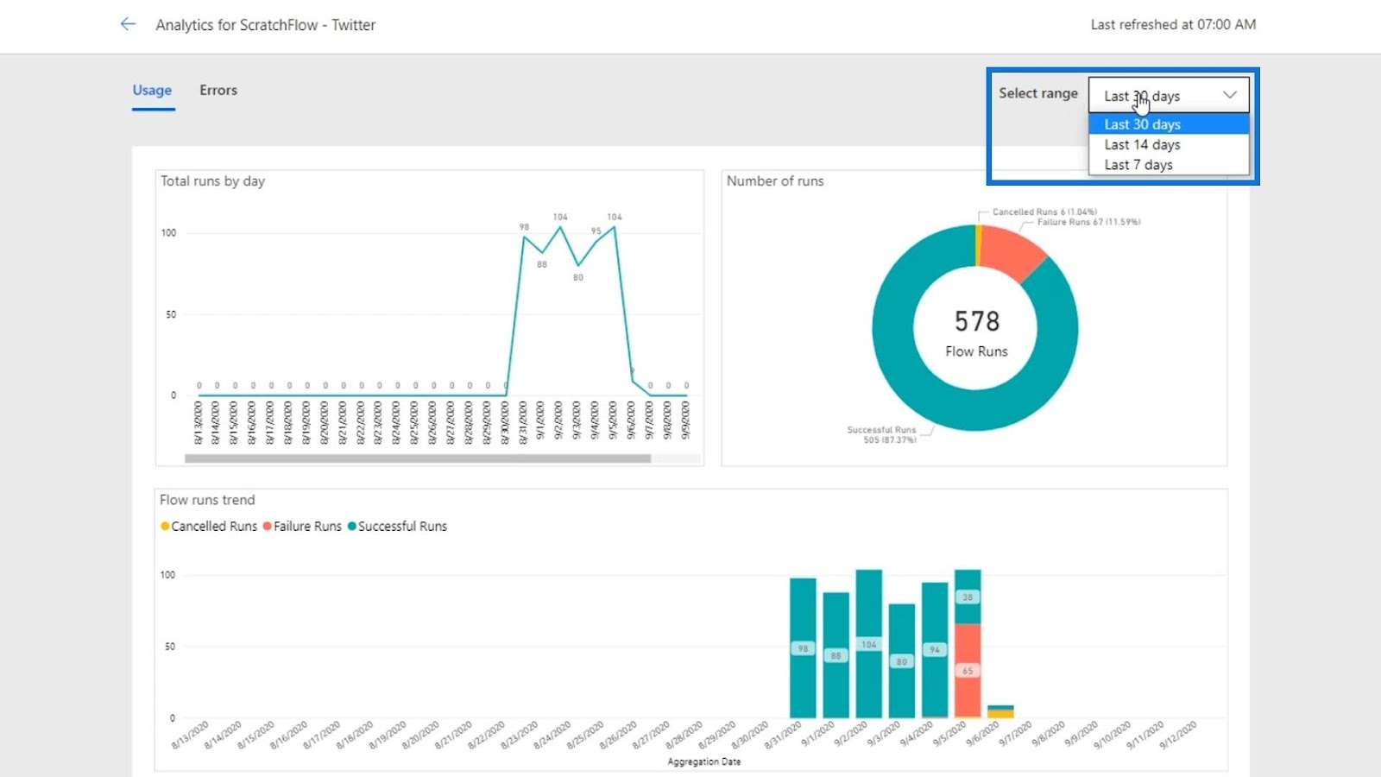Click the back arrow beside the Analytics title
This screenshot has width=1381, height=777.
point(128,24)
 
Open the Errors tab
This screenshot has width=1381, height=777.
point(218,90)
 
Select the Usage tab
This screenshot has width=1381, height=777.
point(152,90)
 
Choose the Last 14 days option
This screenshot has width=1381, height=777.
point(1142,144)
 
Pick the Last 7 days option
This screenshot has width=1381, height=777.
point(1138,164)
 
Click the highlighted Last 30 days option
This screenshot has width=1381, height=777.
point(1142,124)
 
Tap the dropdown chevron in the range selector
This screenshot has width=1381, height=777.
point(1230,95)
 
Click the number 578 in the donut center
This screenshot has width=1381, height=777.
point(976,321)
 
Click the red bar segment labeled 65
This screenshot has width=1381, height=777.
point(968,670)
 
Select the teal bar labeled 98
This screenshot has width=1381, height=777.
point(803,648)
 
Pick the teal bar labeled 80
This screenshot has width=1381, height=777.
point(901,661)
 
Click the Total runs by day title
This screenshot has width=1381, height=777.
point(212,180)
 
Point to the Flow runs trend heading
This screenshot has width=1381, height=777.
point(207,500)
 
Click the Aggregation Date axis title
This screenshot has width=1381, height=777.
point(703,761)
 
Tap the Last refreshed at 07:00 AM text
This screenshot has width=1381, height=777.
point(1173,24)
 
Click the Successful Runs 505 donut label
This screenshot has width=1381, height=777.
point(881,434)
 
